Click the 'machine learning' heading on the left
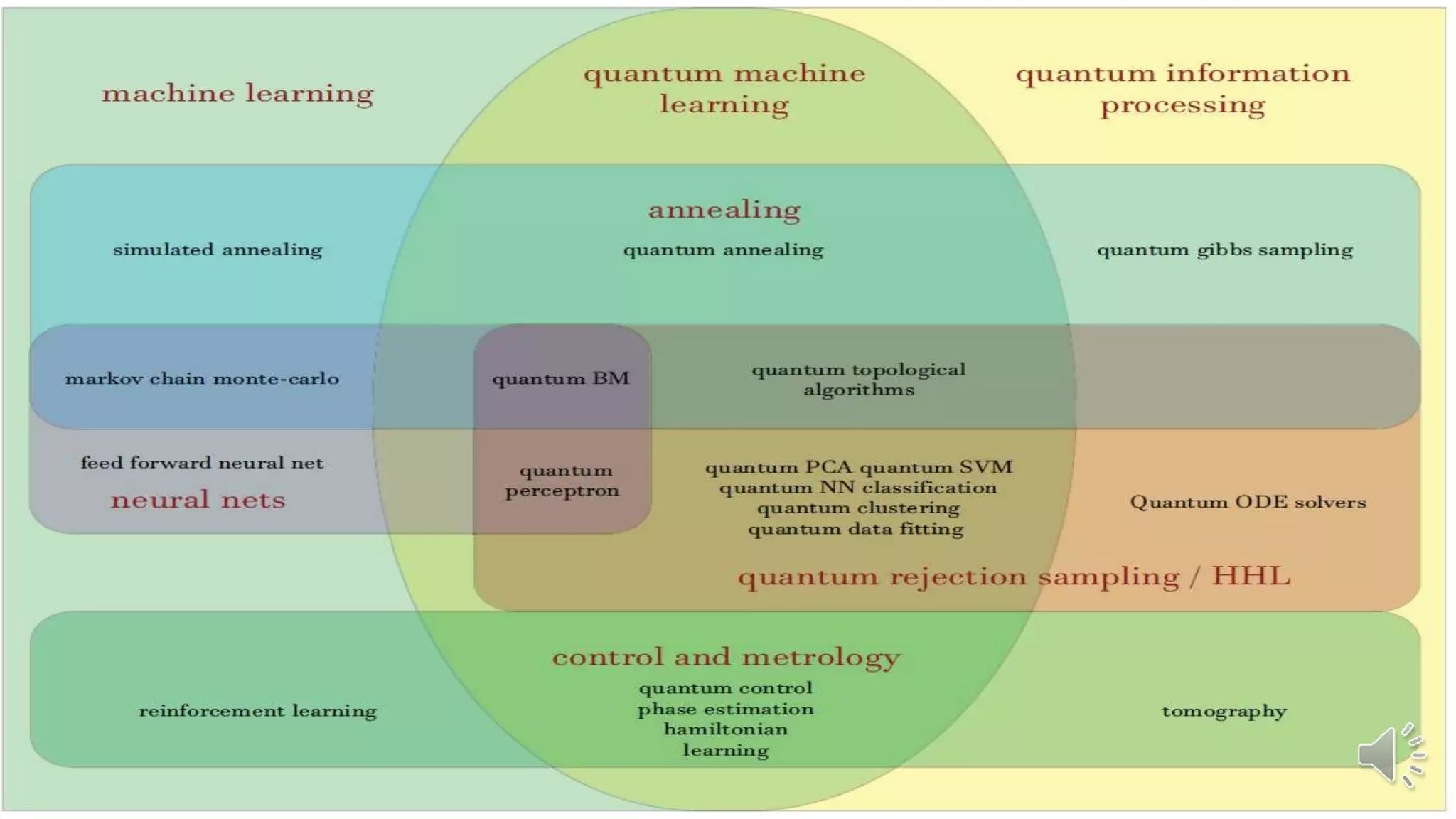pos(237,93)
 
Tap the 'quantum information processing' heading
pos(1182,89)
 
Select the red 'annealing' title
pos(724,210)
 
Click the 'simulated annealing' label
pos(218,250)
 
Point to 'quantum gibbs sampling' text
pos(1224,250)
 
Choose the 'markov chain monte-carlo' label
pos(202,378)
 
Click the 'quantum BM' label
pos(561,378)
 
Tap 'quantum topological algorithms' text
pos(859,379)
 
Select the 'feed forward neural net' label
pos(202,463)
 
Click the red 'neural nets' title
pos(198,500)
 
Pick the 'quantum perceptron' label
pos(562,480)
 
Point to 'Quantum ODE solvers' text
pos(1248,502)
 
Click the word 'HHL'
pos(1251,576)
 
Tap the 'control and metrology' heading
pos(726,657)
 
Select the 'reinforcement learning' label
pos(258,711)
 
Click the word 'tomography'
pos(1224,711)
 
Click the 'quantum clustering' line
pos(858,508)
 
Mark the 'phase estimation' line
pos(726,709)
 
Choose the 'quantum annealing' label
pos(723,250)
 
